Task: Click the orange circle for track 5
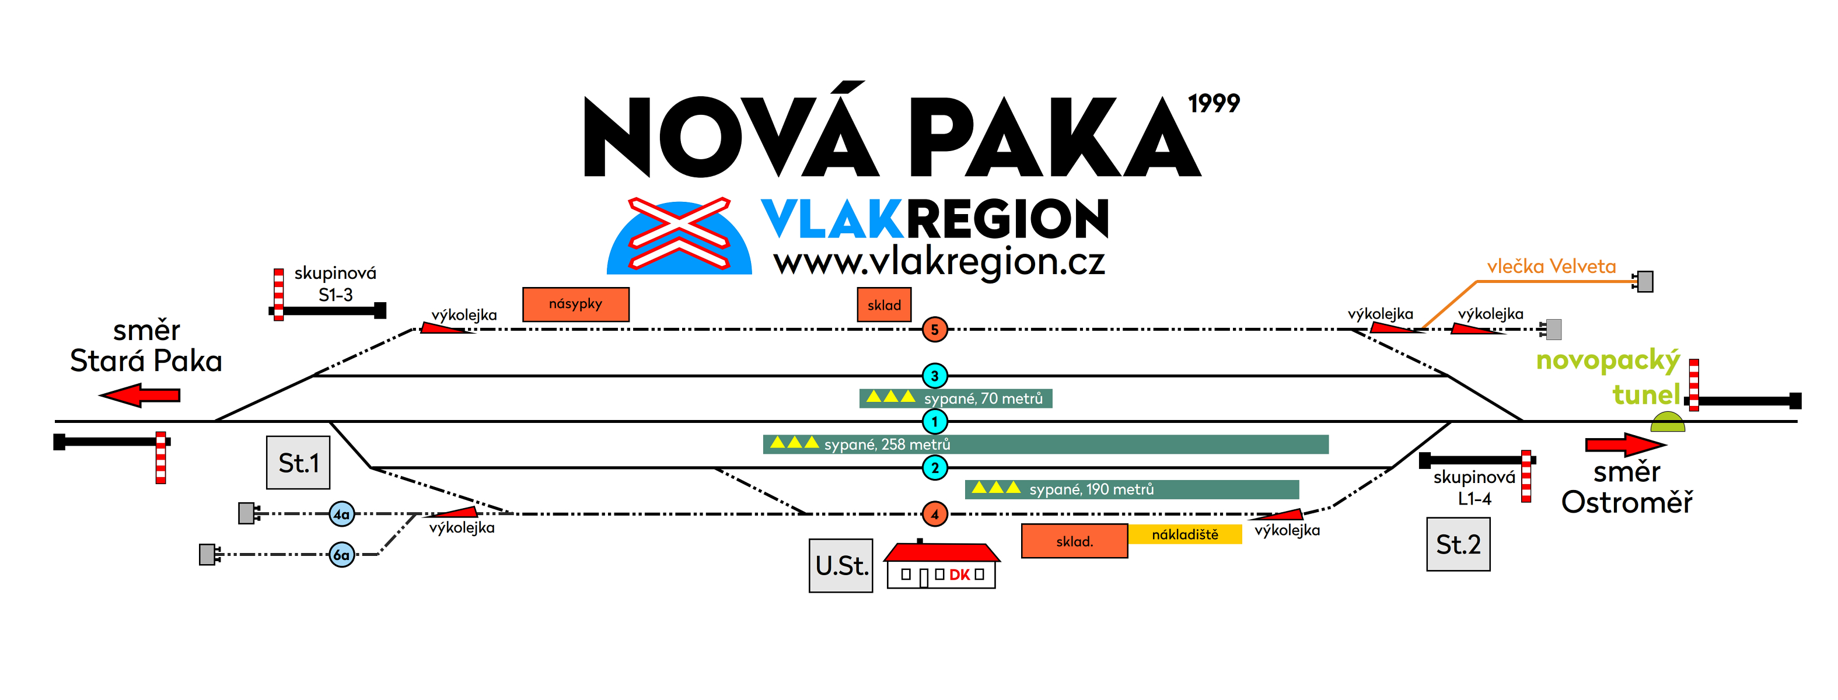click(934, 330)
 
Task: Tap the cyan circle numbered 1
click(934, 422)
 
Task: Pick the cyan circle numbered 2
click(934, 468)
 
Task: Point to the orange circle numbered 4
click(934, 514)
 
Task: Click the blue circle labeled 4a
click(342, 514)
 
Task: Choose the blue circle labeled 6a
click(342, 554)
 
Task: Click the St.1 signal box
click(298, 463)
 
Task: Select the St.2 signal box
click(1458, 544)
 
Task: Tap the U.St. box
click(840, 565)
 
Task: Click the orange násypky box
click(576, 304)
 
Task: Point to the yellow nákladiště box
click(1184, 534)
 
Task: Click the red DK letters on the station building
click(959, 575)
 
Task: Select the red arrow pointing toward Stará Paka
click(140, 394)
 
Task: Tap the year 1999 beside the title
click(1214, 103)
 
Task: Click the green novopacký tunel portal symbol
click(1668, 422)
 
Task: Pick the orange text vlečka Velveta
click(1551, 267)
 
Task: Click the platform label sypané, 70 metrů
click(983, 398)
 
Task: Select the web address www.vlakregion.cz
click(939, 262)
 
